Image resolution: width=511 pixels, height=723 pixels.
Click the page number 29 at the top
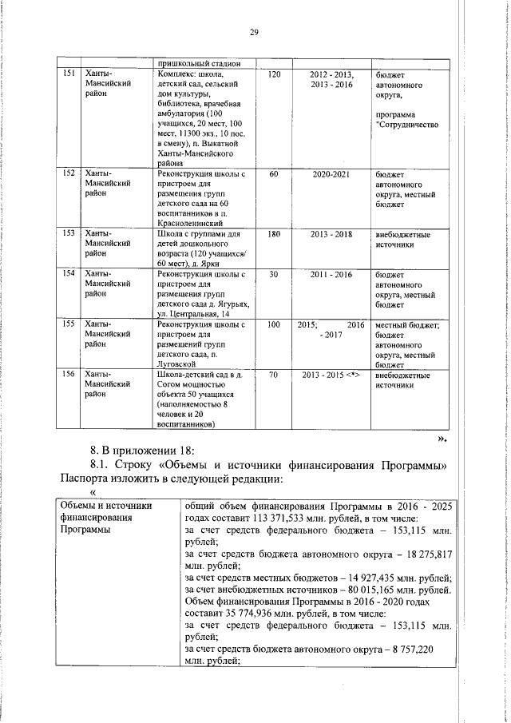255,32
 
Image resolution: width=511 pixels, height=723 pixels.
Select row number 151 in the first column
69,74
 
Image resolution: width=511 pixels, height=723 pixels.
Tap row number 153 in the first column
69,234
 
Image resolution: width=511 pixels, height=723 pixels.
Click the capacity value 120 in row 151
274,74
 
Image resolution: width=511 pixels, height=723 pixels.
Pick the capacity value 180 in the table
274,234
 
